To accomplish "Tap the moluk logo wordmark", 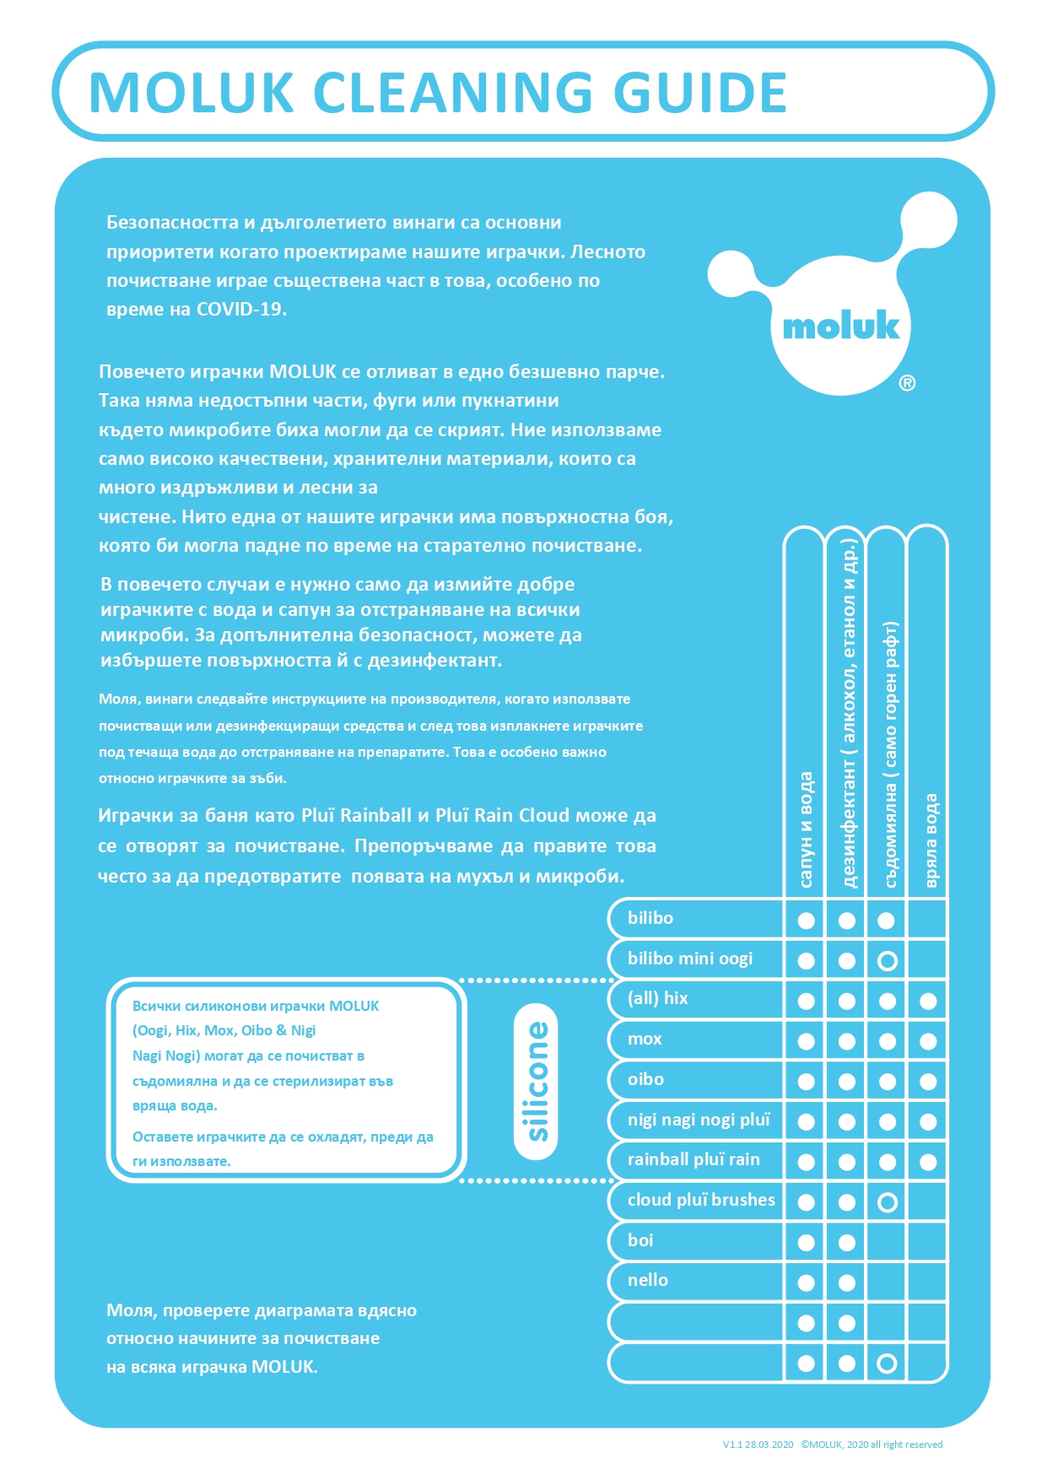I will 840,327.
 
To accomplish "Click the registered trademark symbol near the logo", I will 907,383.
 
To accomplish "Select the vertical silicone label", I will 536,1081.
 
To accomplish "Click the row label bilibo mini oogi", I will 689,959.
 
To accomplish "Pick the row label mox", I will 645,1039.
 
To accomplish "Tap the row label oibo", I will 645,1079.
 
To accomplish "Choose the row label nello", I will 647,1280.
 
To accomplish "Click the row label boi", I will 640,1240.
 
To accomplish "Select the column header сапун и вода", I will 805,829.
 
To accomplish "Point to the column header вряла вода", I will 930,840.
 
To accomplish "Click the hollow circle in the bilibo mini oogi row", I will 887,961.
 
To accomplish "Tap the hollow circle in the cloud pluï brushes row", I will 887,1202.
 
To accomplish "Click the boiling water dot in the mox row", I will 928,1041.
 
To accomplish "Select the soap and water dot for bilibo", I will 806,921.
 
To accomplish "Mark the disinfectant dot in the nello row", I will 846,1283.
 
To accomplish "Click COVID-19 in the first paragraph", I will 241,309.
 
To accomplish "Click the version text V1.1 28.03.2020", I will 758,1445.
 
